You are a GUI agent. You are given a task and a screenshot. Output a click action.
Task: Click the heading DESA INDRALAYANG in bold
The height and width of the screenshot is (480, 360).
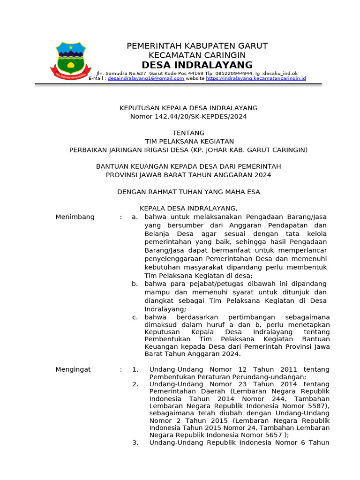197,65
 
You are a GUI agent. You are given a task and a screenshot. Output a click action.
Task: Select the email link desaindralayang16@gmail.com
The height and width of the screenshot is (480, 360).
146,79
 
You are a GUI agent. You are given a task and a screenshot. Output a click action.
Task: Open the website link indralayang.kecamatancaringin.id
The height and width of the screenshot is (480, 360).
256,79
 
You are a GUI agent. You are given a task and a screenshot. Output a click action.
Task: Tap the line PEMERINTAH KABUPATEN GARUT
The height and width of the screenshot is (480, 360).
197,45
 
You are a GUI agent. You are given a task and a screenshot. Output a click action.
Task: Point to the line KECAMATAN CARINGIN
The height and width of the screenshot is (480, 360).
197,55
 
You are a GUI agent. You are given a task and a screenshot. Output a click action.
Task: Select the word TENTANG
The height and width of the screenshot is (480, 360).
188,133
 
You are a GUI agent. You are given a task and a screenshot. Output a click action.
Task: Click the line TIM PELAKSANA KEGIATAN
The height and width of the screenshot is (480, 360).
188,142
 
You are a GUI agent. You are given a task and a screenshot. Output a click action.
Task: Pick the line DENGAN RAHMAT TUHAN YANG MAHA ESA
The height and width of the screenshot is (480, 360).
188,192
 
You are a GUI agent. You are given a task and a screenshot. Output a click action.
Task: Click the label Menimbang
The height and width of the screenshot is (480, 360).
75,217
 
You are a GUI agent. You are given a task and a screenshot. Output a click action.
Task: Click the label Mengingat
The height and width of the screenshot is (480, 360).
73,369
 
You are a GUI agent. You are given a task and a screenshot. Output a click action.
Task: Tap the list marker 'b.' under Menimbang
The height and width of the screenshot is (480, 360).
135,284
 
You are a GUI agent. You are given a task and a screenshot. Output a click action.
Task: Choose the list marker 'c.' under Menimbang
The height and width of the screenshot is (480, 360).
135,317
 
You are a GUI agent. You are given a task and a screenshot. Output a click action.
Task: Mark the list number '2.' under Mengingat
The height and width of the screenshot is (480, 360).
135,384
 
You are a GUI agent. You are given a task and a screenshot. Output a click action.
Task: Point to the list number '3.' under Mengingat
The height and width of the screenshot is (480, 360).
135,442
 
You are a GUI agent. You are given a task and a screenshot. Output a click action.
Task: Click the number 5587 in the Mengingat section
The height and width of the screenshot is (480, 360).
317,406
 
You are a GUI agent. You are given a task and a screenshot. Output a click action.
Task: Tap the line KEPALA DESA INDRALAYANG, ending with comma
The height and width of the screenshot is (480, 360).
188,208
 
